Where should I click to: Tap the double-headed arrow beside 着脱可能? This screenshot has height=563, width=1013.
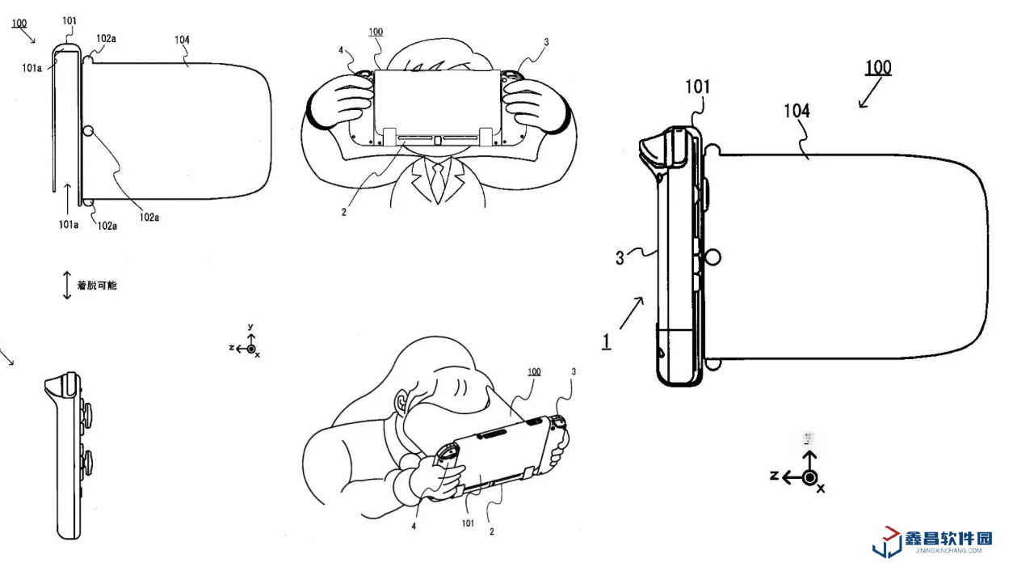68,286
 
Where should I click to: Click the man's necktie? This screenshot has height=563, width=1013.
436,181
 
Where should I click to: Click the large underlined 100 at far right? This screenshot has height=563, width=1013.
877,67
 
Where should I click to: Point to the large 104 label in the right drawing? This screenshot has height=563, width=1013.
797,112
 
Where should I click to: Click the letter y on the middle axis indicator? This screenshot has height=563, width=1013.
251,328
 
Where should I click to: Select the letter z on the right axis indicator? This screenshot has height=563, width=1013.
774,476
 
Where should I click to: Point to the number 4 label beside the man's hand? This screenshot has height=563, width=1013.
341,50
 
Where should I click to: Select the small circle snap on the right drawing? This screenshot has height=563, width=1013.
712,257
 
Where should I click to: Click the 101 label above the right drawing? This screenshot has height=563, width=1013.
700,87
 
